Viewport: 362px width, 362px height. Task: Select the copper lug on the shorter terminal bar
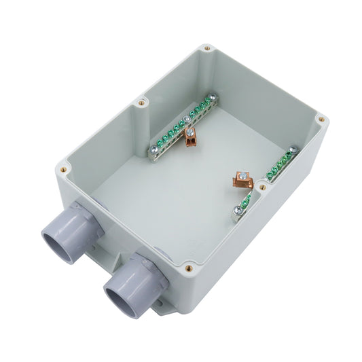click(240, 180)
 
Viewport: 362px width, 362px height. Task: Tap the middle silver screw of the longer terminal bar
click(192, 122)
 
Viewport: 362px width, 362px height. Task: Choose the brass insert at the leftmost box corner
click(62, 164)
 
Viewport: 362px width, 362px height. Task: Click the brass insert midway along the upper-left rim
click(141, 104)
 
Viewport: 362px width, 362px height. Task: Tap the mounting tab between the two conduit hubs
click(112, 261)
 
